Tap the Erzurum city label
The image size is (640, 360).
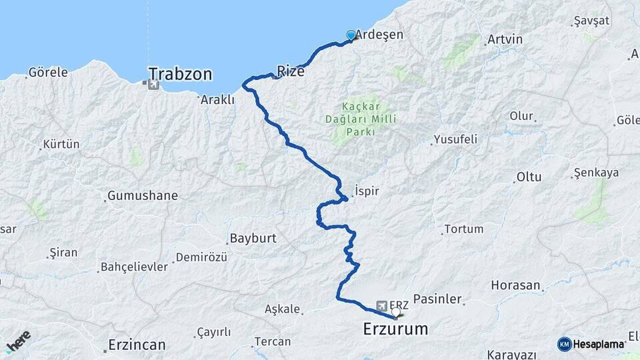(x=395, y=328)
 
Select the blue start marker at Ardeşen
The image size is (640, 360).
(x=351, y=35)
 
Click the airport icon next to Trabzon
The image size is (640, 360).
(x=154, y=85)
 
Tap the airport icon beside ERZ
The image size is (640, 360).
(x=381, y=305)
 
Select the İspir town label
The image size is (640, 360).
(x=367, y=191)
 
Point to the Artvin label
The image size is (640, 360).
(x=505, y=39)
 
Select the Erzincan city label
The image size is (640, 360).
(x=137, y=345)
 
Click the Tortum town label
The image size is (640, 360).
(x=463, y=229)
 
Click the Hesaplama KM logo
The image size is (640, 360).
(x=591, y=344)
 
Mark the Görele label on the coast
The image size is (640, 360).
(x=48, y=73)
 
